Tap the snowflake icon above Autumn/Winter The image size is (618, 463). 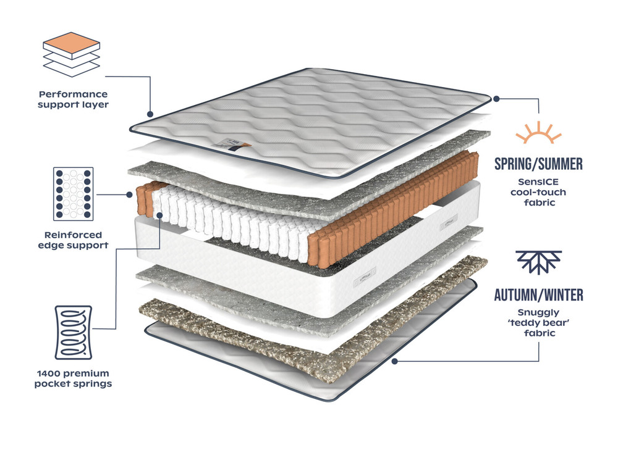pyautogui.click(x=538, y=262)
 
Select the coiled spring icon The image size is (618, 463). pyautogui.click(x=74, y=332)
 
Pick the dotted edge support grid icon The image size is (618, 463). pyautogui.click(x=74, y=193)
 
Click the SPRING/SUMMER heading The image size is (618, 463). pyautogui.click(x=538, y=164)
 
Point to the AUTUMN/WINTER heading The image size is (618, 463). pyautogui.click(x=538, y=294)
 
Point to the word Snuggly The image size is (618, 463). pyautogui.click(x=538, y=312)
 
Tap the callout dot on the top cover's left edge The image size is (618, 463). pyautogui.click(x=150, y=114)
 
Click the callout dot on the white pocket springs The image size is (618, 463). pyautogui.click(x=160, y=215)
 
